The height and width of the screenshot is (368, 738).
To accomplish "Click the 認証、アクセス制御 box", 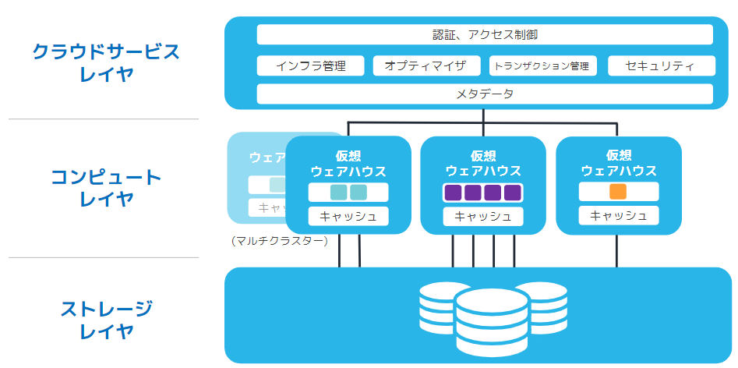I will (x=485, y=35).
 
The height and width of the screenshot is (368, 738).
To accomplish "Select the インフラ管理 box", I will (x=310, y=65).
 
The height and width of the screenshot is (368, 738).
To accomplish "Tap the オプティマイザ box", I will (x=425, y=65).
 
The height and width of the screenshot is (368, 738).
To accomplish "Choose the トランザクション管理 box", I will (x=542, y=65).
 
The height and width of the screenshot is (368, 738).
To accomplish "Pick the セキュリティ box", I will (x=660, y=65).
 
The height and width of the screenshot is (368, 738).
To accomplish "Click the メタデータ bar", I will (x=485, y=94).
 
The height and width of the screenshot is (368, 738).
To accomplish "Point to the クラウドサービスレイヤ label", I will (x=106, y=63).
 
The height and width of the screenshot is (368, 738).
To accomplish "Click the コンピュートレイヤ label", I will (x=106, y=188).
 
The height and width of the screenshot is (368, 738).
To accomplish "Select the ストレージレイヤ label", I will (x=106, y=320).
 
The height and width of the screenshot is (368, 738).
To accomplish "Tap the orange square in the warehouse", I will (x=618, y=192).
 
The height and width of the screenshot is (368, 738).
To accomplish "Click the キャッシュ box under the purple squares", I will (x=483, y=217).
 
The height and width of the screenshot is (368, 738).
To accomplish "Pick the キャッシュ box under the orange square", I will (x=619, y=216).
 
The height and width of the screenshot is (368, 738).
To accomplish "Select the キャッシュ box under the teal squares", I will (x=348, y=217).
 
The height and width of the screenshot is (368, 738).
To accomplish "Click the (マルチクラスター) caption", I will (x=280, y=241).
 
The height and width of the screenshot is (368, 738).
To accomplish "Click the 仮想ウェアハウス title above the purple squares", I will (x=483, y=163).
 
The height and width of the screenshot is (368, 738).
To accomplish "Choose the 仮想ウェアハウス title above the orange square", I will (x=619, y=163).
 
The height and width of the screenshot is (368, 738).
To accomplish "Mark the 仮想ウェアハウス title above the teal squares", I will (x=348, y=163).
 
